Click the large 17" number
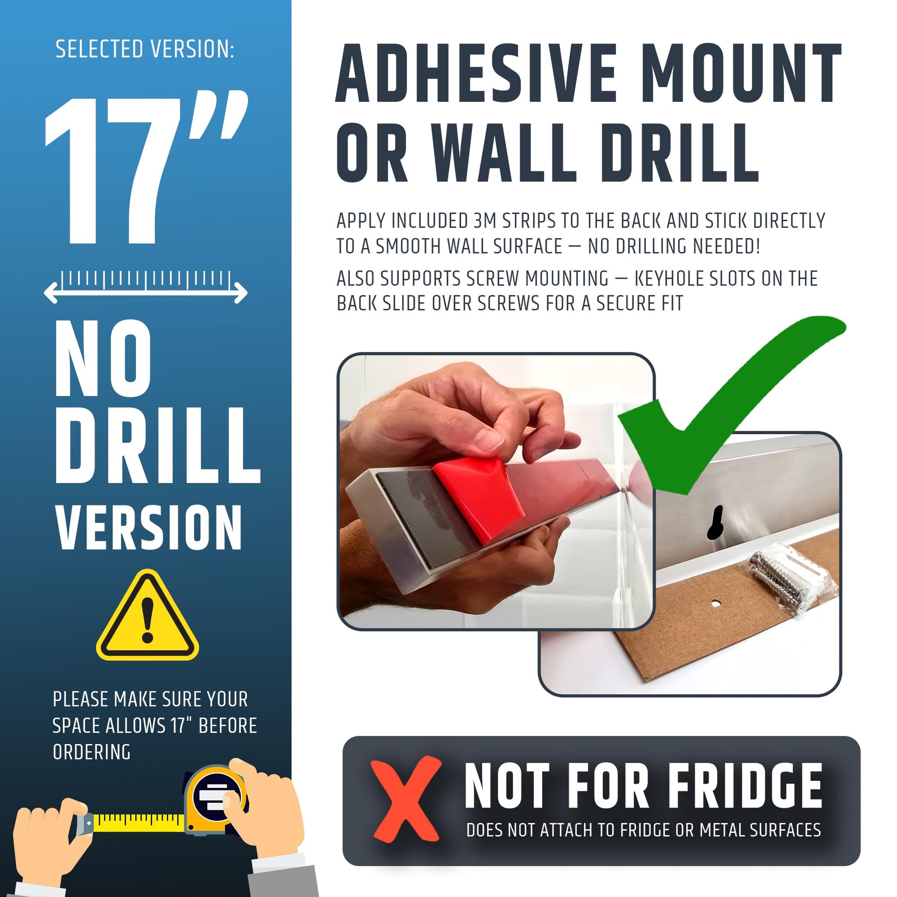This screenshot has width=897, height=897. tap(146, 167)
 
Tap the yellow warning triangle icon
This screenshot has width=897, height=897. tap(148, 617)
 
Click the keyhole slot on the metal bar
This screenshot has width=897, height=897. tap(716, 522)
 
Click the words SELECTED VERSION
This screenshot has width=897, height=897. tap(145, 49)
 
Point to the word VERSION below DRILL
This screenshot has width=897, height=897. tap(148, 528)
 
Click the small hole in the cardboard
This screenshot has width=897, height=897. tap(716, 603)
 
